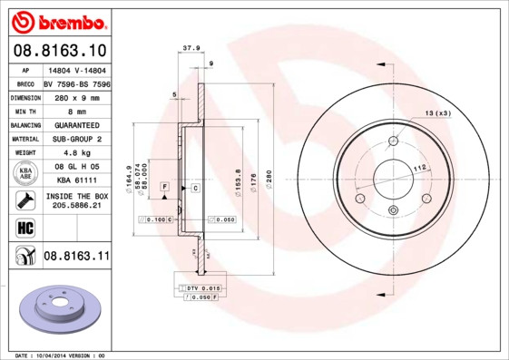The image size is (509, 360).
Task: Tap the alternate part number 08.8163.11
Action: [75, 257]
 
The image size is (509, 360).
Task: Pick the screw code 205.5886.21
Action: [76, 205]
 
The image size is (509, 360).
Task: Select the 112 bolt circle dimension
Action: [420, 168]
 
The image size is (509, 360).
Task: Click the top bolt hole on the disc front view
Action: [393, 141]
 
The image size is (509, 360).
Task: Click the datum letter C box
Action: [195, 187]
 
